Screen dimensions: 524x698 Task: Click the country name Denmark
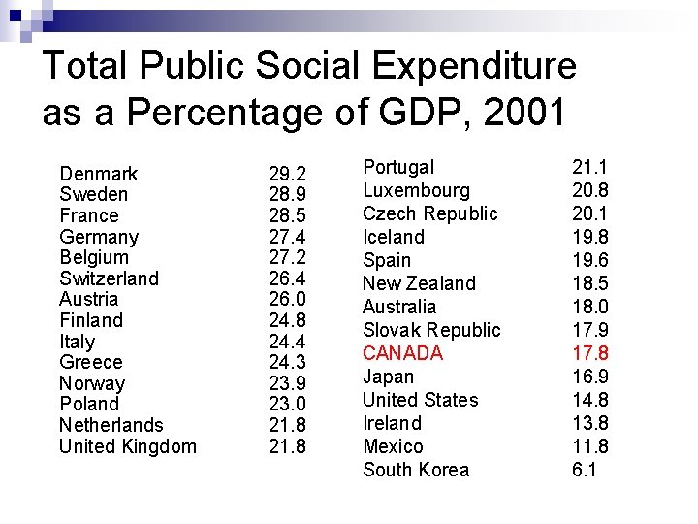tap(99, 174)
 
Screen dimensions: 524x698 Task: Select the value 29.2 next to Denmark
tap(287, 174)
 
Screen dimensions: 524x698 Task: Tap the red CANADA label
tap(402, 353)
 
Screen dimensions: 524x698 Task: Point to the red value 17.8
tap(590, 353)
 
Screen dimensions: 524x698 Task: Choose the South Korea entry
tap(416, 470)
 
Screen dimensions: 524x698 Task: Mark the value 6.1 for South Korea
tap(585, 470)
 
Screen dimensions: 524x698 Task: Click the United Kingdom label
tap(128, 446)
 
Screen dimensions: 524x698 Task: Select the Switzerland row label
tap(109, 278)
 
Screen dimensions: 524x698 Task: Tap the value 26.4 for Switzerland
tap(287, 278)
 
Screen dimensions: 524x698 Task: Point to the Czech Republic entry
tap(429, 213)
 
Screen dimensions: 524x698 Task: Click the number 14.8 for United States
tap(590, 400)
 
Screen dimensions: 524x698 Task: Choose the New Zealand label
tap(419, 283)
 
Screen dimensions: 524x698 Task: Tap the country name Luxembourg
tap(416, 190)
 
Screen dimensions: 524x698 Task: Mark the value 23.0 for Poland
tap(287, 404)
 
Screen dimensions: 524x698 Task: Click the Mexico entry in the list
tap(393, 446)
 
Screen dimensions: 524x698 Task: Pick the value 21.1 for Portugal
tap(590, 167)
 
